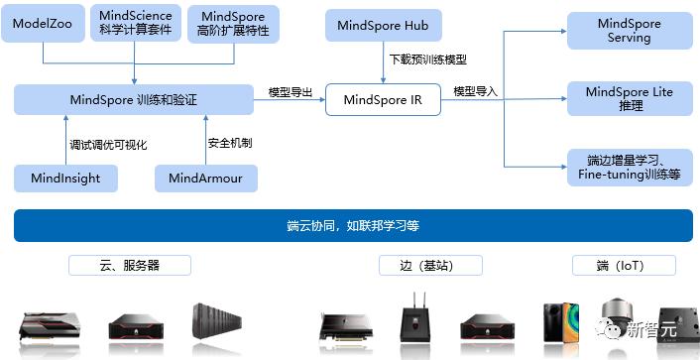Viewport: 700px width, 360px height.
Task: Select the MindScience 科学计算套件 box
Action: point(135,24)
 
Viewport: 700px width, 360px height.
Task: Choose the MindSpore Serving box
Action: point(629,30)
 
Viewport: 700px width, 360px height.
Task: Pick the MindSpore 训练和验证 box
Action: point(134,99)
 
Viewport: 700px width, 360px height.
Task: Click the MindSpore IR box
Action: point(383,99)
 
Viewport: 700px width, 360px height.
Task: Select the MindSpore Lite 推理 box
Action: point(629,98)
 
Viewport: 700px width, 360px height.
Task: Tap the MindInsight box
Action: point(64,179)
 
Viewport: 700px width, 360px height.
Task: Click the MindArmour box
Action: point(205,179)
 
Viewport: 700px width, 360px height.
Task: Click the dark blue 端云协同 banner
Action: point(352,226)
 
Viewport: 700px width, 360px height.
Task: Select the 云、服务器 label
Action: point(130,266)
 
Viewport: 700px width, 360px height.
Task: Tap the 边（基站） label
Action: point(431,266)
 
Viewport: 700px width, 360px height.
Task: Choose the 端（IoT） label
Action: point(624,266)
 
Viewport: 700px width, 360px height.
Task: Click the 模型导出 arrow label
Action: point(291,92)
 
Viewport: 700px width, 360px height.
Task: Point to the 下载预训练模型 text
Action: point(427,61)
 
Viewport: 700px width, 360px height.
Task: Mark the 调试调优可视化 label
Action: point(108,144)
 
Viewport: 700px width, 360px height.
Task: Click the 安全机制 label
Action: point(230,143)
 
